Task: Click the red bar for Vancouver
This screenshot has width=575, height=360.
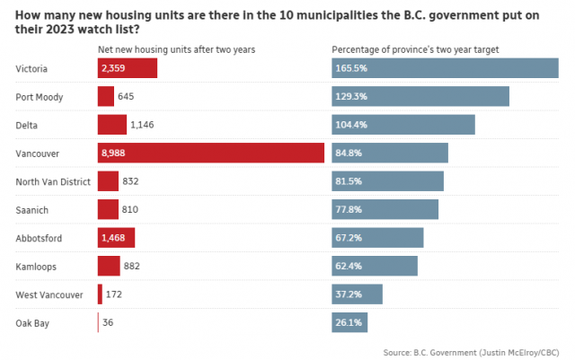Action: pos(210,153)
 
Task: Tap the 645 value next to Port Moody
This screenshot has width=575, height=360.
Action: pos(127,96)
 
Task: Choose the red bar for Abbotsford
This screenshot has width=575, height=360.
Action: pos(116,238)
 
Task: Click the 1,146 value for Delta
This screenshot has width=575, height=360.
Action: pos(142,125)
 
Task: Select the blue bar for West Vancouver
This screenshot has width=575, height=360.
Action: pos(357,294)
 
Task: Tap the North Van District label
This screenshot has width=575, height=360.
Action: pos(53,181)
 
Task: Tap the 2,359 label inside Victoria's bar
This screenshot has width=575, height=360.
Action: pos(114,68)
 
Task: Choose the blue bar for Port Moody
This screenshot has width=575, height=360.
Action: pos(420,96)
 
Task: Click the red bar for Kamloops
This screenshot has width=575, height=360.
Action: pos(109,266)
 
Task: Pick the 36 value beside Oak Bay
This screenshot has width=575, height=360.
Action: pos(109,322)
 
